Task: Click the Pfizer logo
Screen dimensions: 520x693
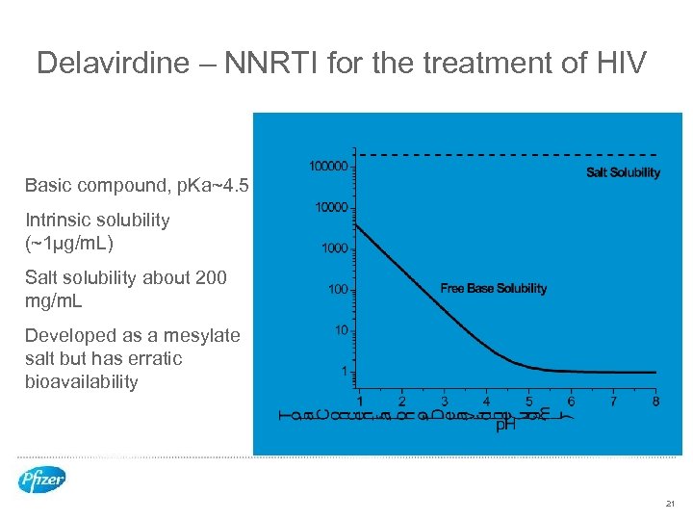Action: click(x=42, y=480)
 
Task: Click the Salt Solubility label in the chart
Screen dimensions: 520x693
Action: click(x=623, y=172)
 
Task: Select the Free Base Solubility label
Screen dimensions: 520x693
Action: click(x=493, y=288)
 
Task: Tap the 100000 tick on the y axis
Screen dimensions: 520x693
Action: click(x=327, y=167)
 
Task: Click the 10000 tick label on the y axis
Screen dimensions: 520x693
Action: click(x=330, y=208)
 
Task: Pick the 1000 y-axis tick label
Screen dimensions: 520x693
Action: click(x=333, y=248)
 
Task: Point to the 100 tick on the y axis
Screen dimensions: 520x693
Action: click(x=337, y=289)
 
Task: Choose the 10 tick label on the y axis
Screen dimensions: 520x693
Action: click(x=341, y=329)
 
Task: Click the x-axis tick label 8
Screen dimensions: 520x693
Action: click(x=655, y=402)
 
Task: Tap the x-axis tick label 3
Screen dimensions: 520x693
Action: click(x=444, y=402)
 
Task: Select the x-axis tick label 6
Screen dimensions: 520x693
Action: click(x=571, y=402)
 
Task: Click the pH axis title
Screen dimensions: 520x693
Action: click(x=505, y=424)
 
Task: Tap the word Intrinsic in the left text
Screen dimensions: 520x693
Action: click(x=57, y=220)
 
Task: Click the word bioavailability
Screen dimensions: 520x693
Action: click(x=82, y=381)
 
